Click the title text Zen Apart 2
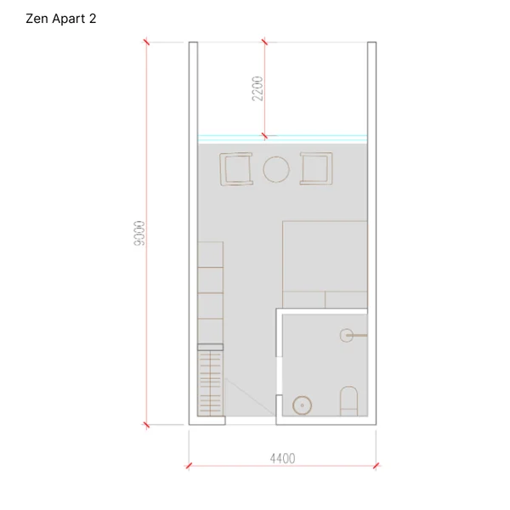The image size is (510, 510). pyautogui.click(x=61, y=19)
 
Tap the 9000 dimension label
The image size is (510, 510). pyautogui.click(x=139, y=234)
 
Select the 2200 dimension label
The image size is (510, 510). pyautogui.click(x=258, y=88)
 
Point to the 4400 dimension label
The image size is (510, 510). pyautogui.click(x=283, y=459)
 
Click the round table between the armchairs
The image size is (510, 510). pyautogui.click(x=276, y=169)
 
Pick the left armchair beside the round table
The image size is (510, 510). pyautogui.click(x=236, y=169)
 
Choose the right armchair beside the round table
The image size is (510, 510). pyautogui.click(x=316, y=168)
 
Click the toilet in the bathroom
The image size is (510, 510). pyautogui.click(x=348, y=401)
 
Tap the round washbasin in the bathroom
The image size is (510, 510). pyautogui.click(x=302, y=405)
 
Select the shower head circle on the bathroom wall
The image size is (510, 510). pyautogui.click(x=347, y=335)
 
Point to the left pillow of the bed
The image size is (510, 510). pyautogui.click(x=303, y=299)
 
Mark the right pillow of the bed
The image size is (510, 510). pyautogui.click(x=347, y=299)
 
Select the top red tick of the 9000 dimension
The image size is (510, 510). pyautogui.click(x=146, y=42)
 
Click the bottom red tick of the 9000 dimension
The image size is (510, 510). pyautogui.click(x=146, y=424)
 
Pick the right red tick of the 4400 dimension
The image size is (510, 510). pyautogui.click(x=377, y=466)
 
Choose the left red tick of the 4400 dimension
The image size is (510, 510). pyautogui.click(x=189, y=466)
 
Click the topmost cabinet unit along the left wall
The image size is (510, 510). pyautogui.click(x=211, y=255)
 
